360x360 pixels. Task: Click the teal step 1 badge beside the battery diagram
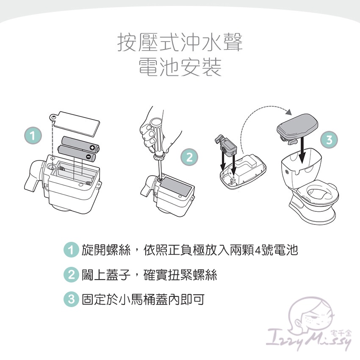(x=33, y=136)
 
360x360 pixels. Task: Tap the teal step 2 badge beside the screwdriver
(x=190, y=157)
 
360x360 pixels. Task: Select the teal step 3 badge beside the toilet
(x=329, y=140)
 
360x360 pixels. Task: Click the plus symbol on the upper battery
(x=92, y=148)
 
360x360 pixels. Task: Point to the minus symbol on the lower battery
(x=89, y=157)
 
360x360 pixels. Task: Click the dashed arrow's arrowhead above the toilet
(x=289, y=112)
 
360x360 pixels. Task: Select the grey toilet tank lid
(x=297, y=127)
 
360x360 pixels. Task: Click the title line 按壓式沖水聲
(x=180, y=43)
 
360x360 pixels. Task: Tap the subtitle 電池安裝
(x=180, y=67)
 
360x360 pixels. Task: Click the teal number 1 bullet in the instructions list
(x=71, y=249)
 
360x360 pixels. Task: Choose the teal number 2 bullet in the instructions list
(x=71, y=274)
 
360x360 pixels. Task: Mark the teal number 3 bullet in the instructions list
(x=71, y=299)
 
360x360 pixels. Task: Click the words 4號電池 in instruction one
(x=277, y=250)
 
